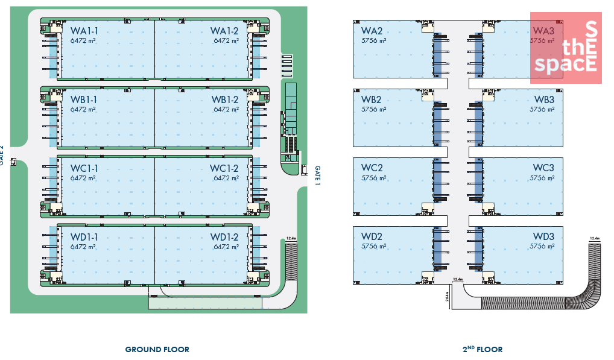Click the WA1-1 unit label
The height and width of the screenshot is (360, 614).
pyautogui.click(x=84, y=31)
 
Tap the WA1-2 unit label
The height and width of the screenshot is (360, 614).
pyautogui.click(x=224, y=31)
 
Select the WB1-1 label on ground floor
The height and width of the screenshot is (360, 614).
pyautogui.click(x=84, y=100)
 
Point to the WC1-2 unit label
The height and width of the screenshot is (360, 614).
pyautogui.click(x=224, y=168)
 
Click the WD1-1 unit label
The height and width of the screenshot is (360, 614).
pyautogui.click(x=84, y=237)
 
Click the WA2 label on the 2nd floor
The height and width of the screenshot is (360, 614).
pyautogui.click(x=372, y=31)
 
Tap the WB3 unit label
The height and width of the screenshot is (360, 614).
pyautogui.click(x=543, y=100)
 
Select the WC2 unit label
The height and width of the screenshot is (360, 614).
pyautogui.click(x=372, y=168)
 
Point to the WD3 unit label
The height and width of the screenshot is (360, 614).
pyautogui.click(x=543, y=237)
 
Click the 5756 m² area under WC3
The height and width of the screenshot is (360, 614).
pyautogui.click(x=542, y=178)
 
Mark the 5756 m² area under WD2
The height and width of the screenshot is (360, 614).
pyautogui.click(x=374, y=247)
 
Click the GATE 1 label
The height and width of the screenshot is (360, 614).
pyautogui.click(x=317, y=174)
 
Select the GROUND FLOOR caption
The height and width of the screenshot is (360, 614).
pyautogui.click(x=157, y=350)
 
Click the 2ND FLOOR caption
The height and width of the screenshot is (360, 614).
pyautogui.click(x=482, y=349)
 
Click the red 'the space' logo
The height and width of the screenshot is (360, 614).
pyautogui.click(x=566, y=48)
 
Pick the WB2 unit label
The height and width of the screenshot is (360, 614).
pyautogui.click(x=372, y=100)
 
